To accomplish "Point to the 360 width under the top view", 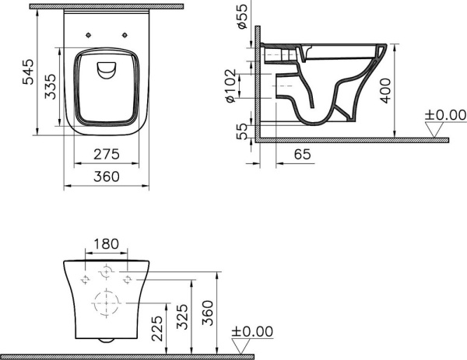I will (106, 177).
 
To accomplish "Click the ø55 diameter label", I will (241, 16).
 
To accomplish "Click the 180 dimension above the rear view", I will (106, 244).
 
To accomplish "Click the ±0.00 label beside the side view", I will (444, 115).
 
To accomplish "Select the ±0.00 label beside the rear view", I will (253, 331).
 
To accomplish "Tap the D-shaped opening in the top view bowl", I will (105, 71).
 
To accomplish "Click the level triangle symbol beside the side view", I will (433, 130).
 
